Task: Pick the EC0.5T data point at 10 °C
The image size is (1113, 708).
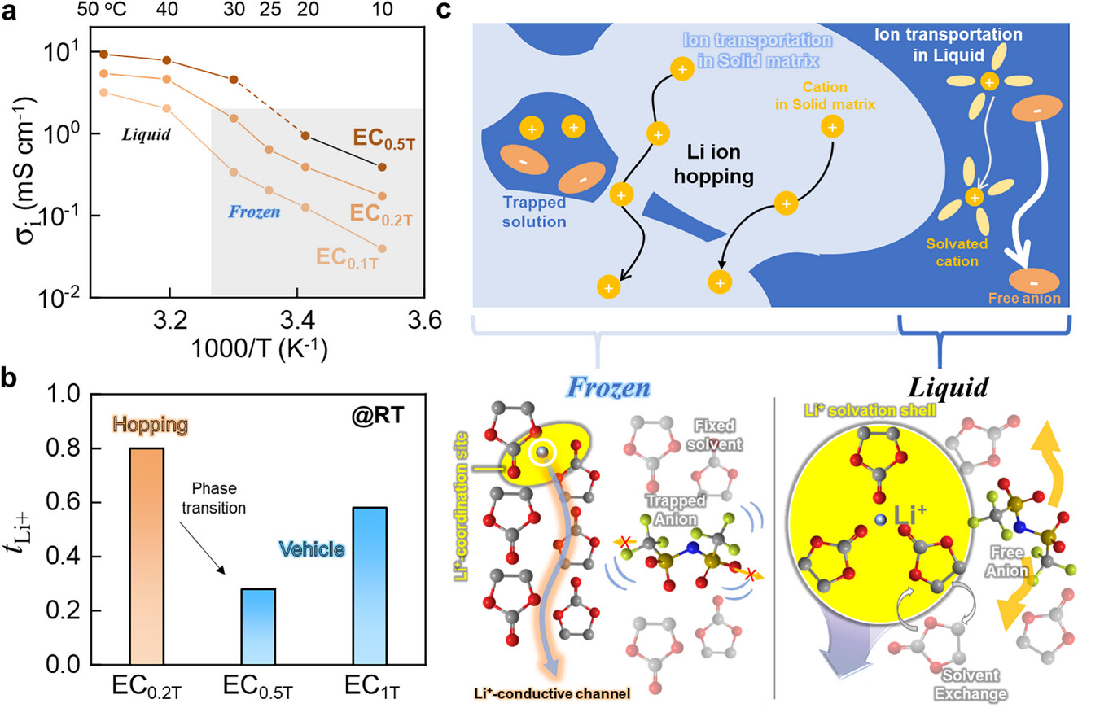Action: pyautogui.click(x=405, y=167)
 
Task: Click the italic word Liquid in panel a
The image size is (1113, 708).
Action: pyautogui.click(x=147, y=133)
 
